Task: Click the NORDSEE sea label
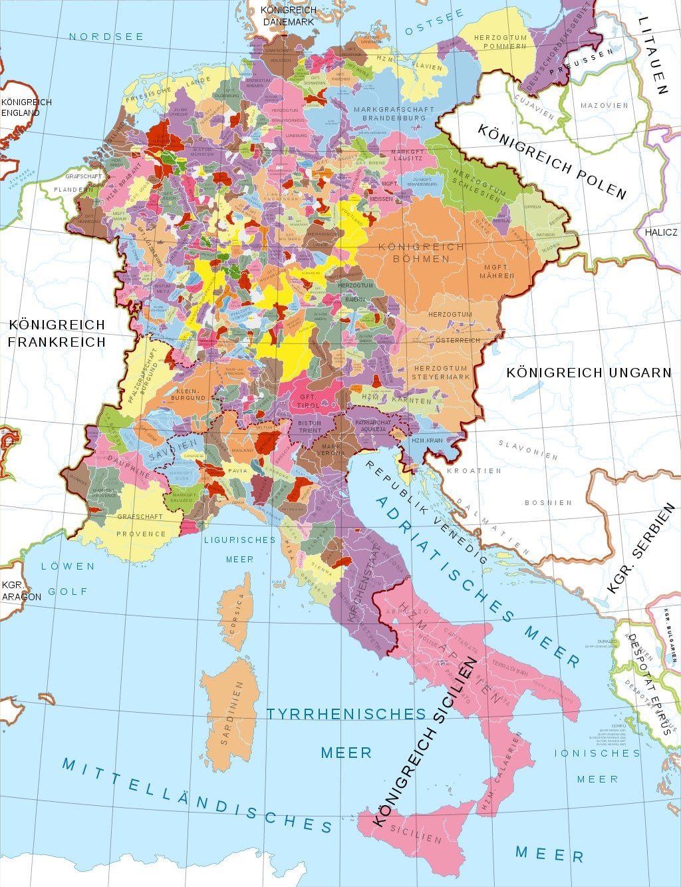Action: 106,37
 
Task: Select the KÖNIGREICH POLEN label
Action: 551,160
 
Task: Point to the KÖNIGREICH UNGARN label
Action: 589,373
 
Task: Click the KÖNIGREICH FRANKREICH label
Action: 57,333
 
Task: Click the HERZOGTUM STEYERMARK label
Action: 440,372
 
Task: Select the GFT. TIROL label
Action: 311,400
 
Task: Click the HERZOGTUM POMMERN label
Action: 500,42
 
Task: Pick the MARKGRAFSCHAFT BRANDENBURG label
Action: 394,113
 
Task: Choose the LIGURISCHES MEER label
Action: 239,549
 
